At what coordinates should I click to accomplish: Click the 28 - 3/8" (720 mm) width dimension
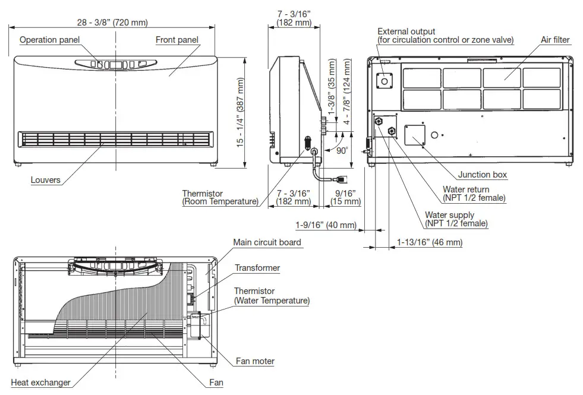(112, 23)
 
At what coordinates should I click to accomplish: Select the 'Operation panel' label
(49, 40)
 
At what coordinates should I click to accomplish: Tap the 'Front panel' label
(177, 40)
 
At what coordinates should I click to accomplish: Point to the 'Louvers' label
(46, 180)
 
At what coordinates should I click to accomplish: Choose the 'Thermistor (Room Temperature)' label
(220, 198)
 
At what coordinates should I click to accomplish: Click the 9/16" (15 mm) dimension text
(345, 197)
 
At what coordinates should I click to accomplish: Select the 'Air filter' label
(555, 40)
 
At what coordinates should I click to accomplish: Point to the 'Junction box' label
(483, 175)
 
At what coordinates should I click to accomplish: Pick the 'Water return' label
(474, 194)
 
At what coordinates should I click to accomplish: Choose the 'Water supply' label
(456, 219)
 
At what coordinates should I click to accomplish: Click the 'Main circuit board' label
(267, 242)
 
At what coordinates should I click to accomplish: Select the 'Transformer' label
(257, 268)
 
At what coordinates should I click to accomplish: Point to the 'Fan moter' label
(254, 361)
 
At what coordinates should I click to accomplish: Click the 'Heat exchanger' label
(41, 383)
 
